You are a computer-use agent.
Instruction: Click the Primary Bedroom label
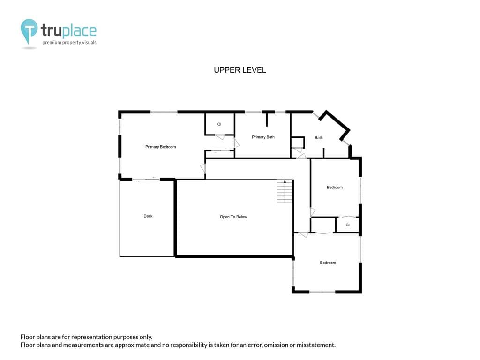160,147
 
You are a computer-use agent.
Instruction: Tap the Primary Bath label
263,137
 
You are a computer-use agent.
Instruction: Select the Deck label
148,216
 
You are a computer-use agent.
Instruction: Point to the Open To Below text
233,217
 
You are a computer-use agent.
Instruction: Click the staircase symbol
285,191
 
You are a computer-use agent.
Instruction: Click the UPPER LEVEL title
240,70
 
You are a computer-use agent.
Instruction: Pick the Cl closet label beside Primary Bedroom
219,124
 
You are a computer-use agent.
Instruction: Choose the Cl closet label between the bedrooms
347,225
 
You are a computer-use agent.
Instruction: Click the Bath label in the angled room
319,138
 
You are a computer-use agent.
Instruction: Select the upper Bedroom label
335,187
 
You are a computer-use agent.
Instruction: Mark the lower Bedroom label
328,262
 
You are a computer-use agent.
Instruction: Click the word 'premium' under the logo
52,43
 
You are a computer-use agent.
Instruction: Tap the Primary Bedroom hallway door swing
202,169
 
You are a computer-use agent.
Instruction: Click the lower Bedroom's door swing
303,235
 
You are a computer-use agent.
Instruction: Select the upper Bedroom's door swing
313,212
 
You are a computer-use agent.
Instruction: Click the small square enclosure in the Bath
298,142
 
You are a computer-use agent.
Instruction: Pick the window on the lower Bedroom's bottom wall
322,292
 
